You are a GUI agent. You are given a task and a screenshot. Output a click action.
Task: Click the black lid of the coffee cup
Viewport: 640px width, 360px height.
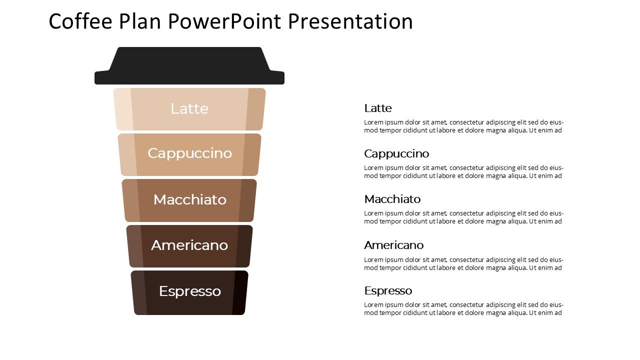189,65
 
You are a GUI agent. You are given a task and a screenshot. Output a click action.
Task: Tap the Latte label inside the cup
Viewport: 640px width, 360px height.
189,109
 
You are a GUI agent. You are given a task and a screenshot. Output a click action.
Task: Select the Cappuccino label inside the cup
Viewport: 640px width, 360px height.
189,153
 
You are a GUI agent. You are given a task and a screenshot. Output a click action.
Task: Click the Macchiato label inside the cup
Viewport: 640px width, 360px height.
189,199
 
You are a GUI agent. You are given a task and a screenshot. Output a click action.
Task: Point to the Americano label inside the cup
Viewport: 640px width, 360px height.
189,245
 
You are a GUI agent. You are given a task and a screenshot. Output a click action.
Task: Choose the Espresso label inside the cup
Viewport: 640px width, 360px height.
190,291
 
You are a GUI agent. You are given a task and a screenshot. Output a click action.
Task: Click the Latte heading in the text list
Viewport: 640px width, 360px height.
377,108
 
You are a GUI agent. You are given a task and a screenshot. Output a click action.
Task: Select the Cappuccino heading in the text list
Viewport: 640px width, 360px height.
396,154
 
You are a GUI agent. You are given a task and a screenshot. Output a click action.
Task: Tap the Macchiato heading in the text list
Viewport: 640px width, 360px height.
392,199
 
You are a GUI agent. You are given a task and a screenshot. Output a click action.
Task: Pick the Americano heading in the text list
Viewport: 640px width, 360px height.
393,245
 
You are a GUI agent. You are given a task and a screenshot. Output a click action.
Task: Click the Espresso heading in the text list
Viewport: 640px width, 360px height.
388,291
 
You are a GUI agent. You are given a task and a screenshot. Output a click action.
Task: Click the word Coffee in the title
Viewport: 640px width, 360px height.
80,21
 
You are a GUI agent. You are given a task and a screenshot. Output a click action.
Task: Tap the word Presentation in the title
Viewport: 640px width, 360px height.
350,21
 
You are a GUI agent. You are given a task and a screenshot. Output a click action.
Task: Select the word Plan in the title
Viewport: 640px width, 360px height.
140,21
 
